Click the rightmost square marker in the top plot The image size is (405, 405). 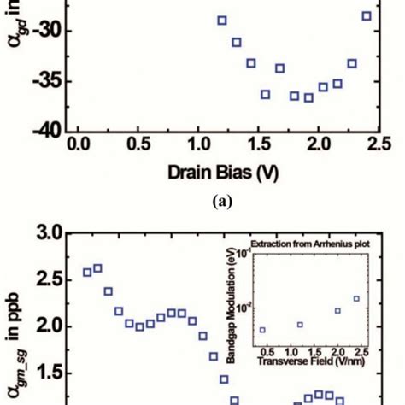point(367,16)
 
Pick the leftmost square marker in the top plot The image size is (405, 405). point(222,21)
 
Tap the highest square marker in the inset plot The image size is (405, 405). point(357,299)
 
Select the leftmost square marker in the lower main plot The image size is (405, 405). point(87,273)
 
